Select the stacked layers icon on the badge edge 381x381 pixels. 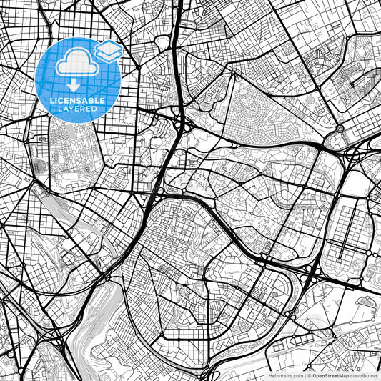point(108,51)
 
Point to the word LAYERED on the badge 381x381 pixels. point(79,109)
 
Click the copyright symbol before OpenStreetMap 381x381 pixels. point(308,375)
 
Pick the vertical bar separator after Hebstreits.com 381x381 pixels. point(303,375)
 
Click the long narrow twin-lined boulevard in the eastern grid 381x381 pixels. point(350,229)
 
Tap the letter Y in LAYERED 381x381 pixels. point(72,109)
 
